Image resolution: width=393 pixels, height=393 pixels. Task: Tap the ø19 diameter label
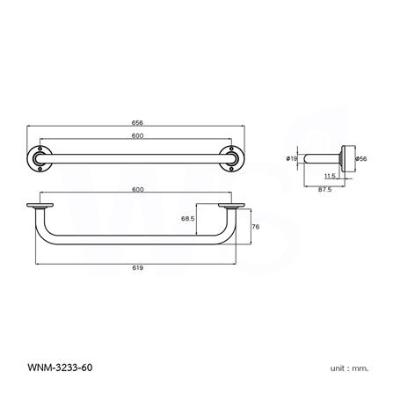[291, 159]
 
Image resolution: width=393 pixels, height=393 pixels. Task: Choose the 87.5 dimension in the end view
[324, 186]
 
